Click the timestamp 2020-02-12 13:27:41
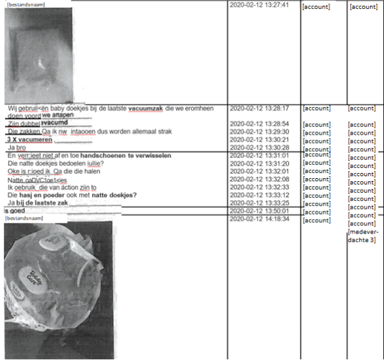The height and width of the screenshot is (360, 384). coord(259,5)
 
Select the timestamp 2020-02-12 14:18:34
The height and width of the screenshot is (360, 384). coord(259,218)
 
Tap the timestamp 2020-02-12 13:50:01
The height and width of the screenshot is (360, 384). coord(259,210)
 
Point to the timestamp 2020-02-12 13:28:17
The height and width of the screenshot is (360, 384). coord(259,109)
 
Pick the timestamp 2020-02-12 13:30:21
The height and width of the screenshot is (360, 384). coord(259,139)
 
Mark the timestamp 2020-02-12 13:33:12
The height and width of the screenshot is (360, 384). coord(259,195)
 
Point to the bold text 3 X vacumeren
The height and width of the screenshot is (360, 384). coord(29,139)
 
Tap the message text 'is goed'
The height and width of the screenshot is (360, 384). coord(14,211)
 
